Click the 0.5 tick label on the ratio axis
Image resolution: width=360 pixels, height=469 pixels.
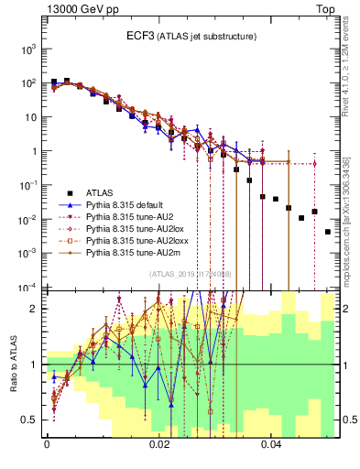tap(29, 420)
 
